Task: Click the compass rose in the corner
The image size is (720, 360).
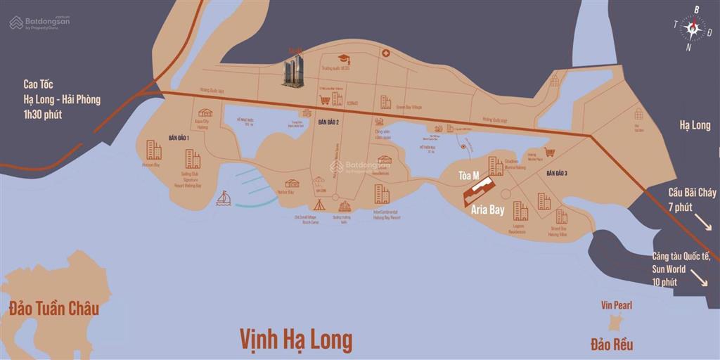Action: pos(692,29)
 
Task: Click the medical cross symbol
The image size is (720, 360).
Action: pos(385,53)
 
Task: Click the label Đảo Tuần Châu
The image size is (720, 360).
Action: pos(54,309)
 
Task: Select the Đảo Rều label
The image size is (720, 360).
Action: pos(612,344)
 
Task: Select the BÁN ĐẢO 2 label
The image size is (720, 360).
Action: pos(328,122)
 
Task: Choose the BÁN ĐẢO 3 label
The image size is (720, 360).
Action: pos(556,173)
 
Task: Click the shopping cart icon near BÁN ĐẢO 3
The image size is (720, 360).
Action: pos(551,152)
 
